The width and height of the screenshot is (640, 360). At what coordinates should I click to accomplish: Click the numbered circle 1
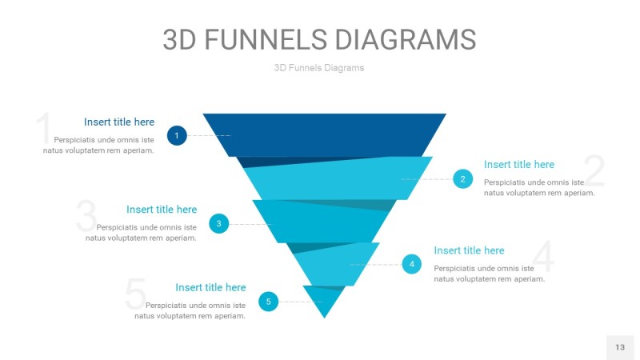[177, 135]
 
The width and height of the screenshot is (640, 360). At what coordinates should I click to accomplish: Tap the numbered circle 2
[463, 178]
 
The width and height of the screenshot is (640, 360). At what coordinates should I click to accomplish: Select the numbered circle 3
[218, 224]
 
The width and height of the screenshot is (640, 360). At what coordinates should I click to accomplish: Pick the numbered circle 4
[412, 264]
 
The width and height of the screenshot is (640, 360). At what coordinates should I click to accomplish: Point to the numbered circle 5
[268, 302]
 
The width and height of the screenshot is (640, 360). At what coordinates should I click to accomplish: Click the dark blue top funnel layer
[325, 135]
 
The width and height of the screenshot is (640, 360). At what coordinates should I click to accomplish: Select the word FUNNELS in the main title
[266, 39]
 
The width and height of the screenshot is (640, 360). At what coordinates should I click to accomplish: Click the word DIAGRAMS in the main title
[406, 39]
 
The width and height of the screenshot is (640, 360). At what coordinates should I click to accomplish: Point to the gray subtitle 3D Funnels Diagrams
[319, 68]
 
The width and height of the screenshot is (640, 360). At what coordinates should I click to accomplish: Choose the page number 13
[620, 347]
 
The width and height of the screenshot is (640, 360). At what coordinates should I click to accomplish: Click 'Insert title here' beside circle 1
[119, 122]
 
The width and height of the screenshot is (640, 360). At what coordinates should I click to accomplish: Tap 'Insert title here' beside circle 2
[519, 165]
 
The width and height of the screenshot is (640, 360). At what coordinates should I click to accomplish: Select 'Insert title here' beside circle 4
[469, 250]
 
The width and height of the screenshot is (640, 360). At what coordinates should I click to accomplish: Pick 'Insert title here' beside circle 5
[210, 288]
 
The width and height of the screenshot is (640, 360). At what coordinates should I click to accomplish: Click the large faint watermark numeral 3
[86, 215]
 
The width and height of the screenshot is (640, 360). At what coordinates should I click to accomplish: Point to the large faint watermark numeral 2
[594, 170]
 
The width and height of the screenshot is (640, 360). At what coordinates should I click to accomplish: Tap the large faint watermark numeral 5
[135, 293]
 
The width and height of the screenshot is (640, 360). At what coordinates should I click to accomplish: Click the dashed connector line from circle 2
[427, 179]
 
